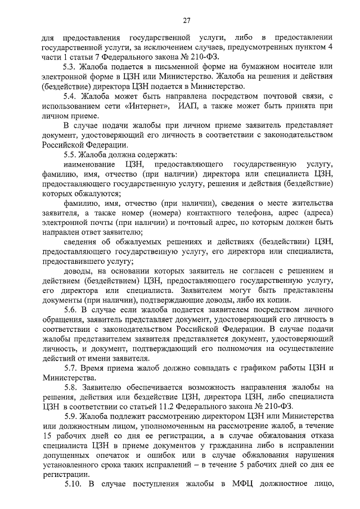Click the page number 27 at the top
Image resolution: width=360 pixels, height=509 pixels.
click(x=187, y=20)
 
